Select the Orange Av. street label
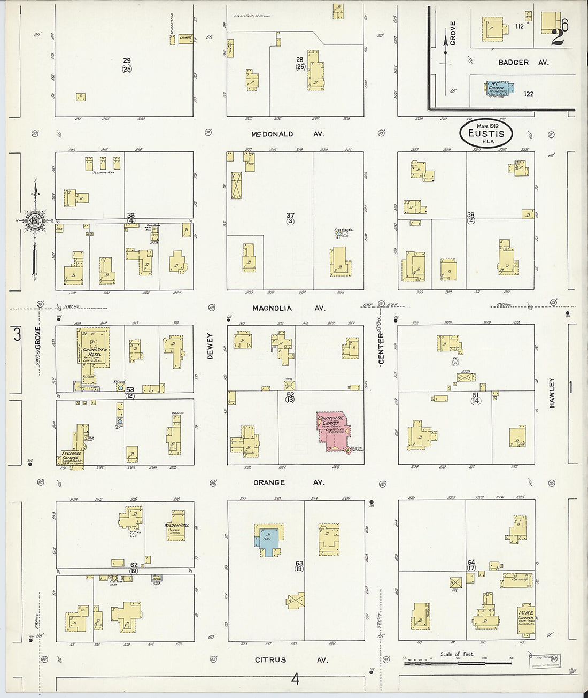pos(289,482)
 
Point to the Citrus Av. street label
pos(291,660)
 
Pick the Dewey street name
pos(210,346)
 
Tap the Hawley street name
pos(552,393)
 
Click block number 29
pos(127,60)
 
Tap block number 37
pos(290,216)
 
